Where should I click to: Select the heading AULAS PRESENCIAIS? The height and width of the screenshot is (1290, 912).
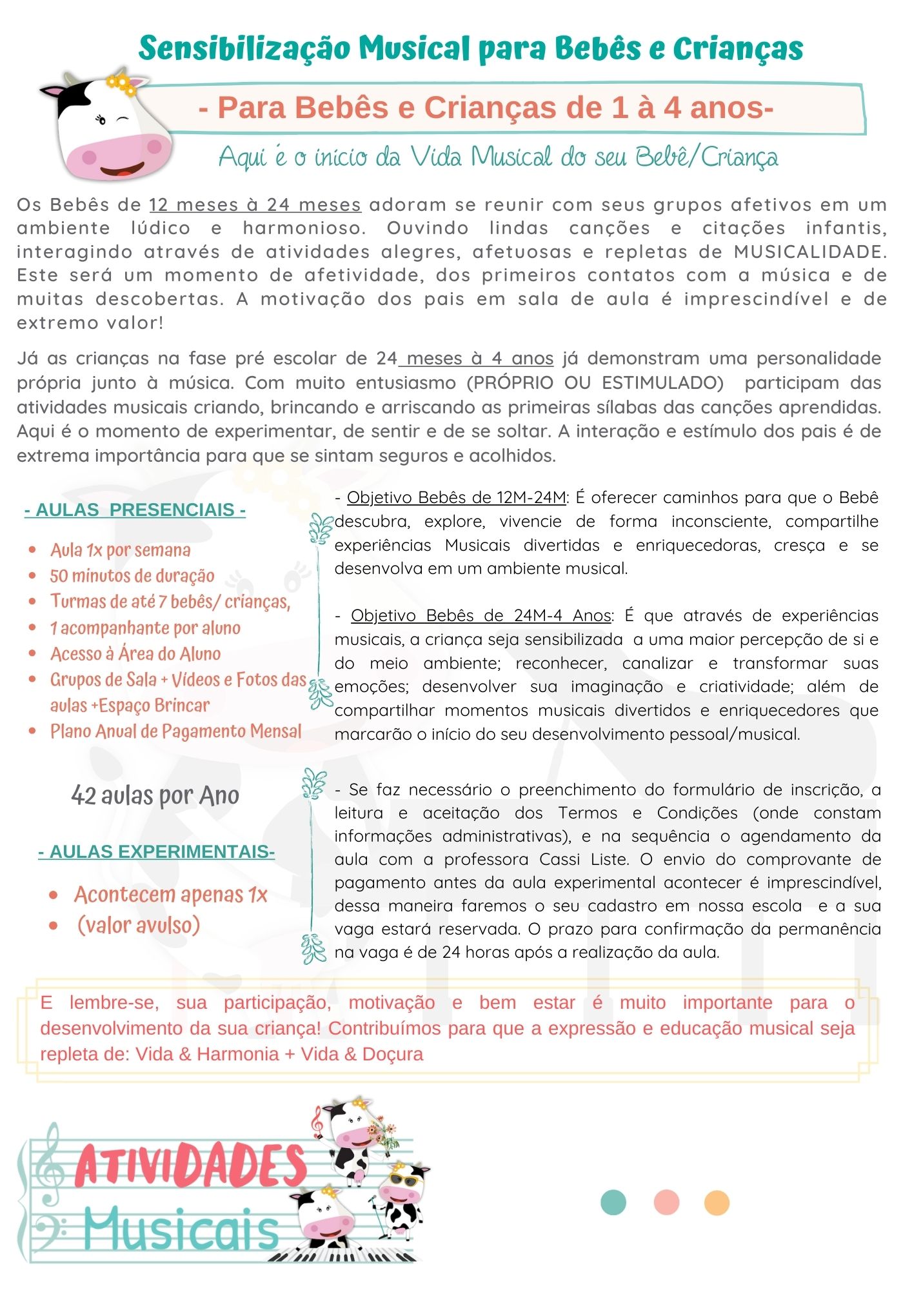[x=135, y=510]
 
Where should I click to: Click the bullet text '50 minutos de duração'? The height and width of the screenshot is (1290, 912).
[x=132, y=575]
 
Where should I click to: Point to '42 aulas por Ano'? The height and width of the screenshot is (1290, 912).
[x=155, y=795]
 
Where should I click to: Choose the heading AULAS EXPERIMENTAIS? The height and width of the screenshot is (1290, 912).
[x=156, y=851]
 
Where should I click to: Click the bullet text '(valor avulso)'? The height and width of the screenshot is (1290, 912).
[x=138, y=925]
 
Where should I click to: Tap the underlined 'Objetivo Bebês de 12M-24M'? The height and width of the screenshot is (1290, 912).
[x=456, y=497]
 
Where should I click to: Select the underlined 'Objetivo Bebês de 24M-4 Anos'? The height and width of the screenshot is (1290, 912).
[x=481, y=615]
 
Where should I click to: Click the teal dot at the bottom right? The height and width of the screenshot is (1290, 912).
[x=613, y=1202]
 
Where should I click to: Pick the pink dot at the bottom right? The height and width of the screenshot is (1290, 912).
[x=666, y=1202]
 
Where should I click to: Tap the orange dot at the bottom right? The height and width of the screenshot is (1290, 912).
[x=717, y=1202]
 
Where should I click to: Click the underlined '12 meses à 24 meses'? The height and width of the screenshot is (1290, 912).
[x=255, y=205]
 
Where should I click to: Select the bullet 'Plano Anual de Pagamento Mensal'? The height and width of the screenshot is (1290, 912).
[x=175, y=731]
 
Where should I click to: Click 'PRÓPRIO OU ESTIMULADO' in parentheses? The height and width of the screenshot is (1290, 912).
[x=595, y=382]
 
